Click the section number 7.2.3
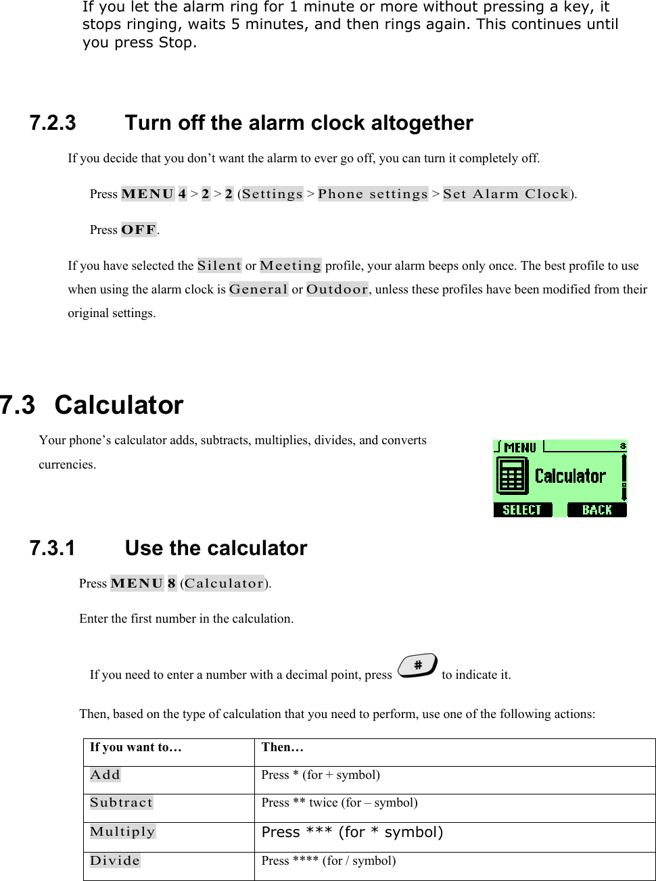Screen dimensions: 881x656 (x=53, y=123)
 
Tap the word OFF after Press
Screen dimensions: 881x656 (x=139, y=230)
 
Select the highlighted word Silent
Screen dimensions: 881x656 (x=219, y=266)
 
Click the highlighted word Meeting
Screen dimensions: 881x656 (x=290, y=266)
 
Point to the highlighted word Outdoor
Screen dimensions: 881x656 (x=337, y=289)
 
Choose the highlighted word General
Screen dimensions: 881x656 (x=258, y=289)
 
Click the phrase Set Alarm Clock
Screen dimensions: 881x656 (x=506, y=194)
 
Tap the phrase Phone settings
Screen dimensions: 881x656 (x=373, y=194)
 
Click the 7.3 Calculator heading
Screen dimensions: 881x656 (x=92, y=405)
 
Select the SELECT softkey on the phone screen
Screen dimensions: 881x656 (x=522, y=510)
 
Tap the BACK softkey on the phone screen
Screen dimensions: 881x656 (x=596, y=510)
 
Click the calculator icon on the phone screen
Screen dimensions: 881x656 (x=512, y=476)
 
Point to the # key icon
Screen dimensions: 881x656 (x=417, y=666)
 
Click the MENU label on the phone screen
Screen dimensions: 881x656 (x=519, y=448)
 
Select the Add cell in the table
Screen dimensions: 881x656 (x=106, y=775)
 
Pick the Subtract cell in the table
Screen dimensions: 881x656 (x=122, y=803)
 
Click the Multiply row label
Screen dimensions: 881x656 (x=122, y=832)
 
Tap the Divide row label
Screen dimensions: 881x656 (x=115, y=861)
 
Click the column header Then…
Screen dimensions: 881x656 (x=283, y=747)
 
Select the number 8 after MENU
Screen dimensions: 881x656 (x=172, y=584)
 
